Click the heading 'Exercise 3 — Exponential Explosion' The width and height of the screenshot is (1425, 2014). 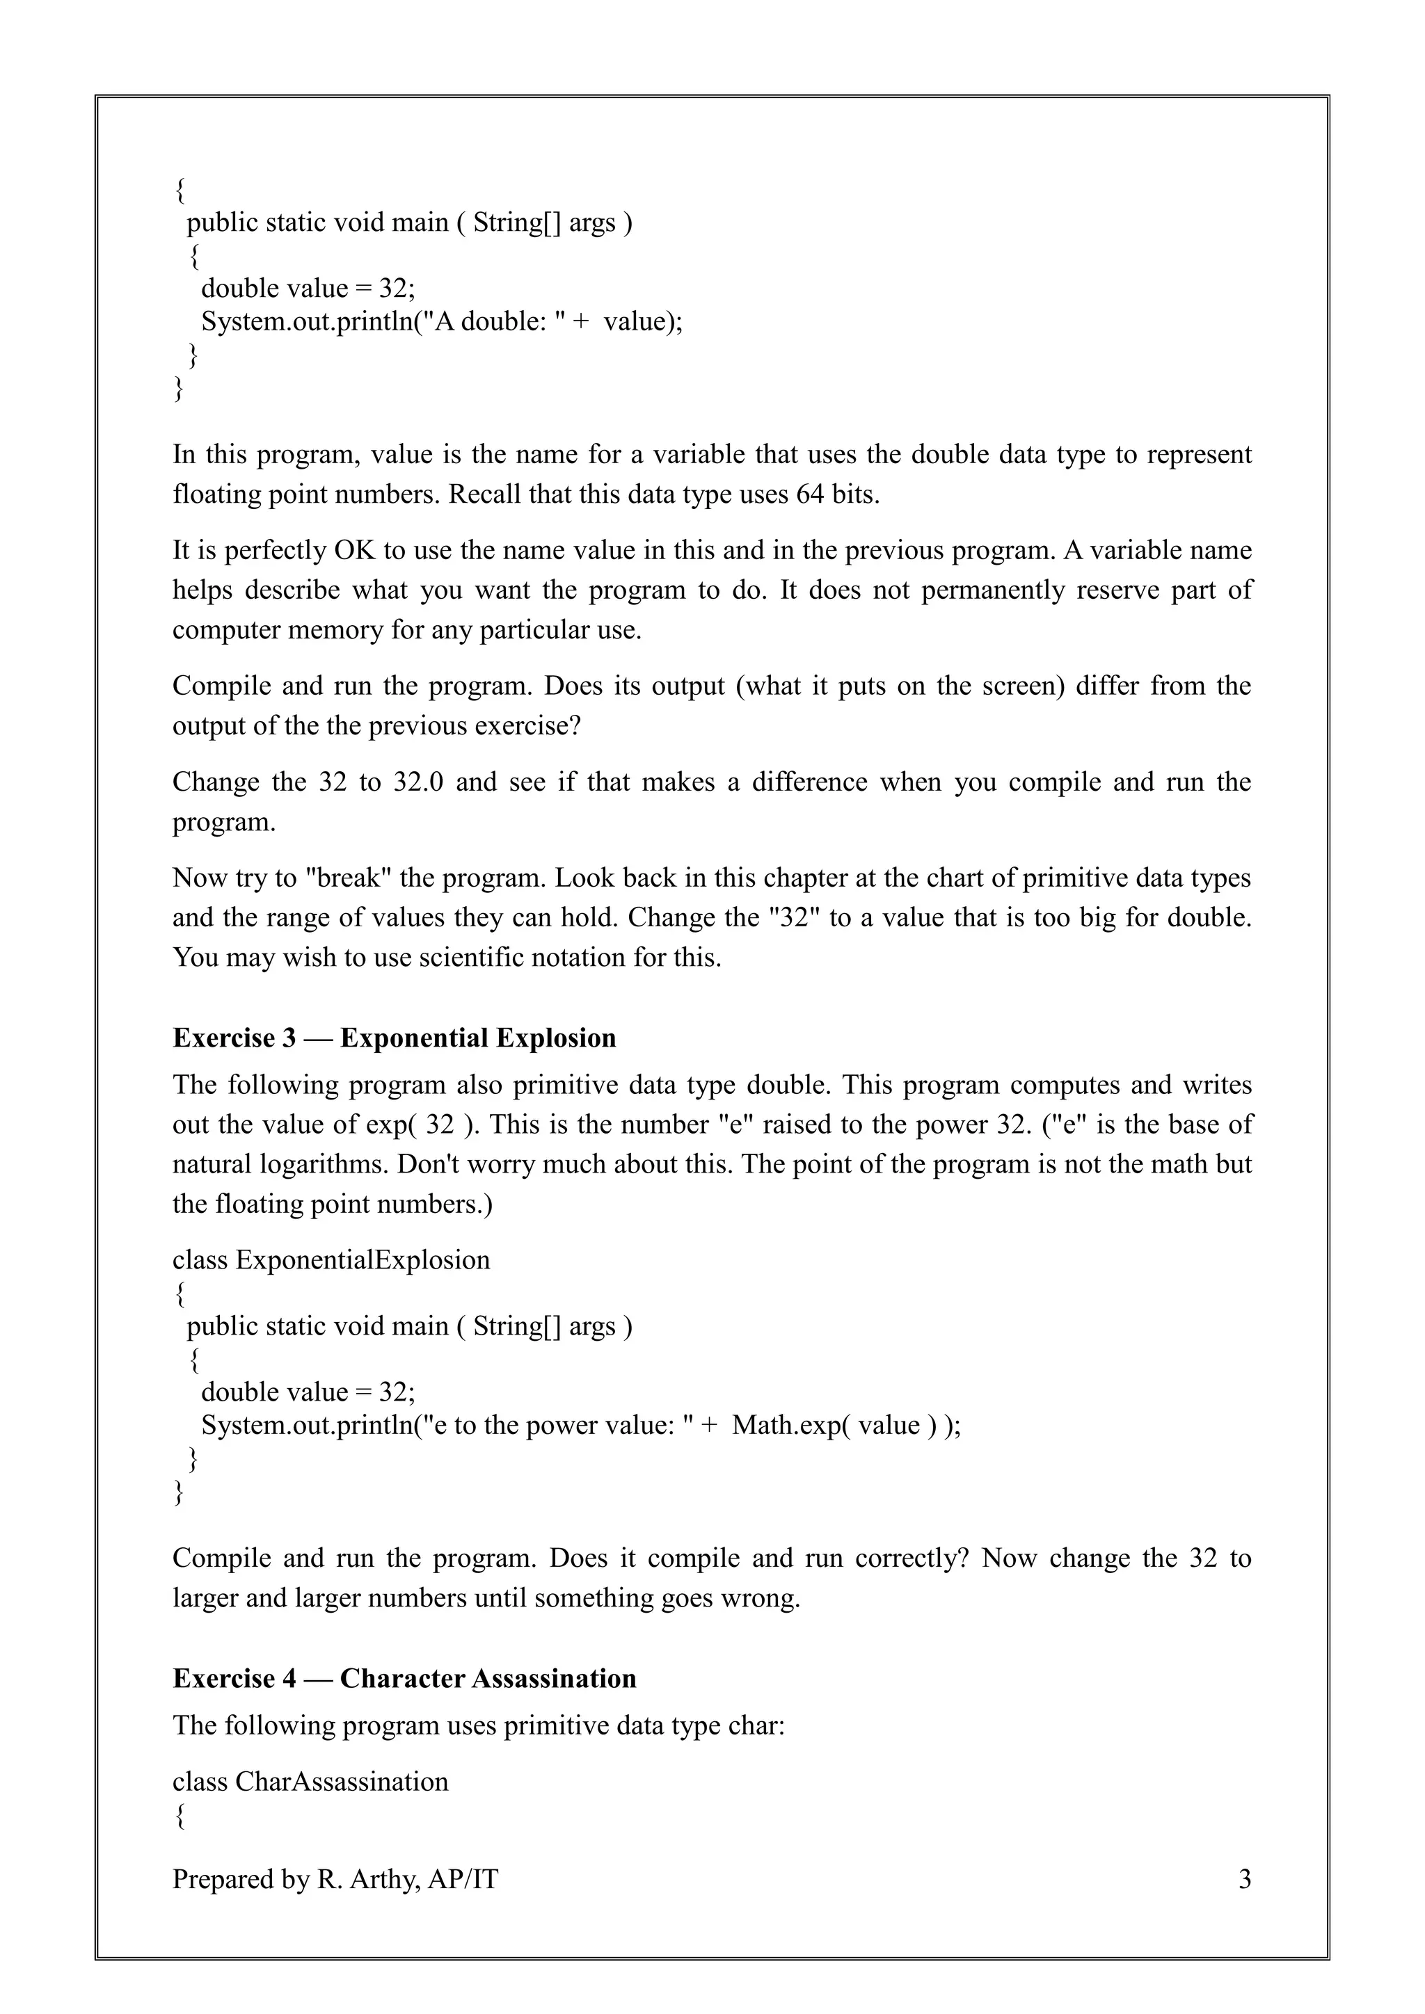[394, 1038]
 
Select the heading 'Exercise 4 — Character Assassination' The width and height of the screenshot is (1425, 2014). [404, 1678]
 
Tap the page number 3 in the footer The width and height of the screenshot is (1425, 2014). [1243, 1879]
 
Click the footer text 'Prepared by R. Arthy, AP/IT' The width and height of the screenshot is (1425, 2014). [335, 1879]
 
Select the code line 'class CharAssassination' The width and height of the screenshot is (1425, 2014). [310, 1782]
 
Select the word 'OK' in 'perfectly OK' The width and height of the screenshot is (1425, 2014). [353, 551]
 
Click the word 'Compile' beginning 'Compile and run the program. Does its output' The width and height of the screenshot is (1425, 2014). [221, 686]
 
